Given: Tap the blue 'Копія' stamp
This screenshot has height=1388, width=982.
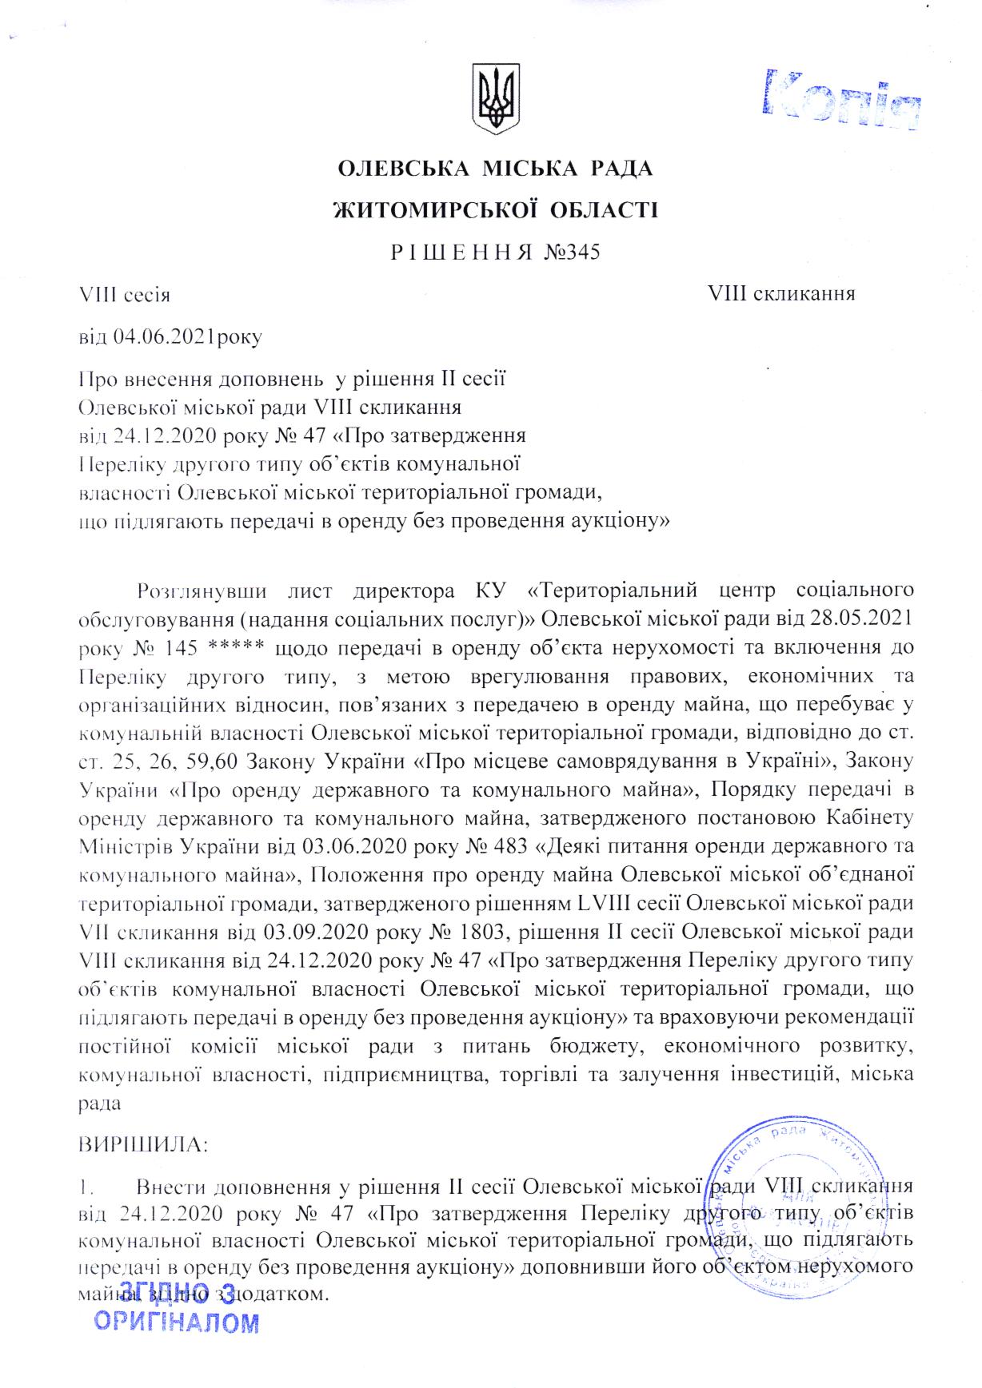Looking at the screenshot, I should click(842, 100).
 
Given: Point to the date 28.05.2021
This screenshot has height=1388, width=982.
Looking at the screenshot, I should click(866, 618).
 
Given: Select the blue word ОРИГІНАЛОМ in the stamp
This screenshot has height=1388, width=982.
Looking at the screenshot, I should click(177, 1322).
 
